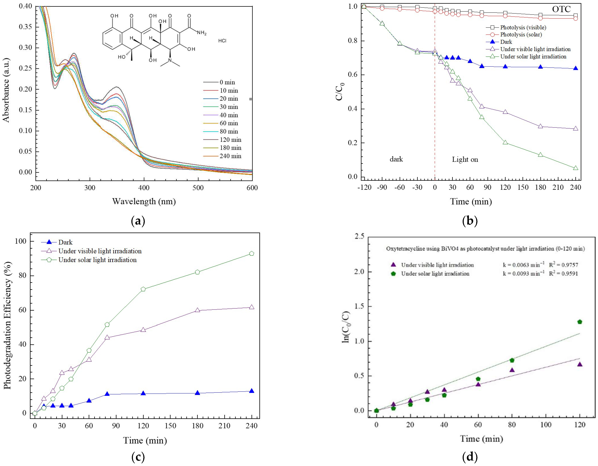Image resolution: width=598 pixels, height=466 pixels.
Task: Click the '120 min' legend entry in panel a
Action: click(230, 140)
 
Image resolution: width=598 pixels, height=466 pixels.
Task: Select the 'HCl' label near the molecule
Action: click(222, 41)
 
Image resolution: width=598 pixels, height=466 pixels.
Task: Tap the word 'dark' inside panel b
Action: click(396, 159)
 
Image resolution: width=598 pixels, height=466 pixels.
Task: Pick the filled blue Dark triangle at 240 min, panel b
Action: click(576, 68)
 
